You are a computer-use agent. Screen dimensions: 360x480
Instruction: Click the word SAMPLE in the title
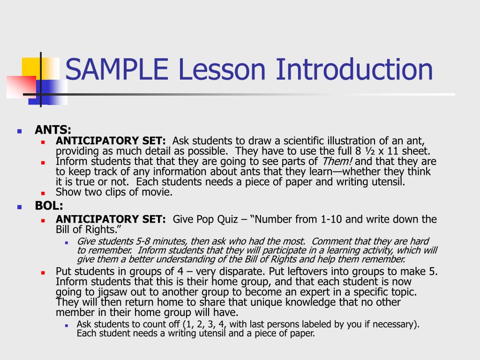(116, 69)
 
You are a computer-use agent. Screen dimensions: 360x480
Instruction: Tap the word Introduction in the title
(354, 69)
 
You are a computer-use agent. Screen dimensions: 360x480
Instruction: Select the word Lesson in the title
(222, 69)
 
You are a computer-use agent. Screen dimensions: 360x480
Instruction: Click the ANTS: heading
(53, 130)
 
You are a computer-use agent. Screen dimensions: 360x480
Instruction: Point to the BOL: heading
(49, 206)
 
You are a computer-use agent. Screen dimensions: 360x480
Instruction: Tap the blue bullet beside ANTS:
(20, 131)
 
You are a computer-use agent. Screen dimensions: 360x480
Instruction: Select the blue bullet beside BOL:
(20, 207)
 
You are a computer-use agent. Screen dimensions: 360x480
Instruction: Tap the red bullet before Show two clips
(42, 193)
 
